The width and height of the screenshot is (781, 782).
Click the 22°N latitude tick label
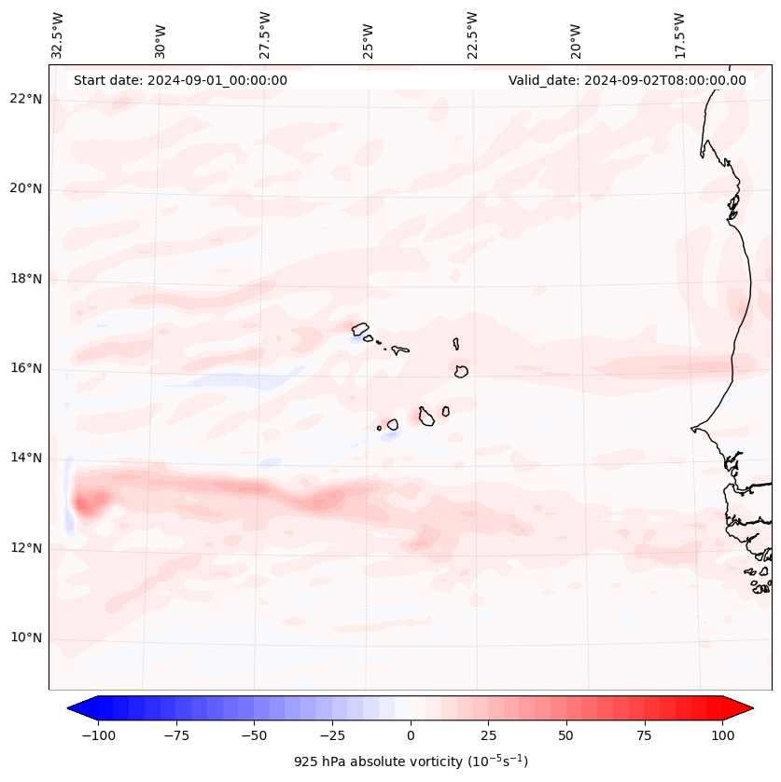tap(25, 100)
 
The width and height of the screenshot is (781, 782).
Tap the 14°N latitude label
tap(25, 459)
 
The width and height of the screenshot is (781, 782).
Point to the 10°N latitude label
tap(25, 638)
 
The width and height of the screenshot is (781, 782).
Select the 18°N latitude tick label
tap(25, 279)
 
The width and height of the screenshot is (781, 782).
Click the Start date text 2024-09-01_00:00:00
tap(180, 80)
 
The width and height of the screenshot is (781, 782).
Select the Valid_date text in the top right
tap(627, 80)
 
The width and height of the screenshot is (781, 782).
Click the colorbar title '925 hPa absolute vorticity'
tap(411, 761)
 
